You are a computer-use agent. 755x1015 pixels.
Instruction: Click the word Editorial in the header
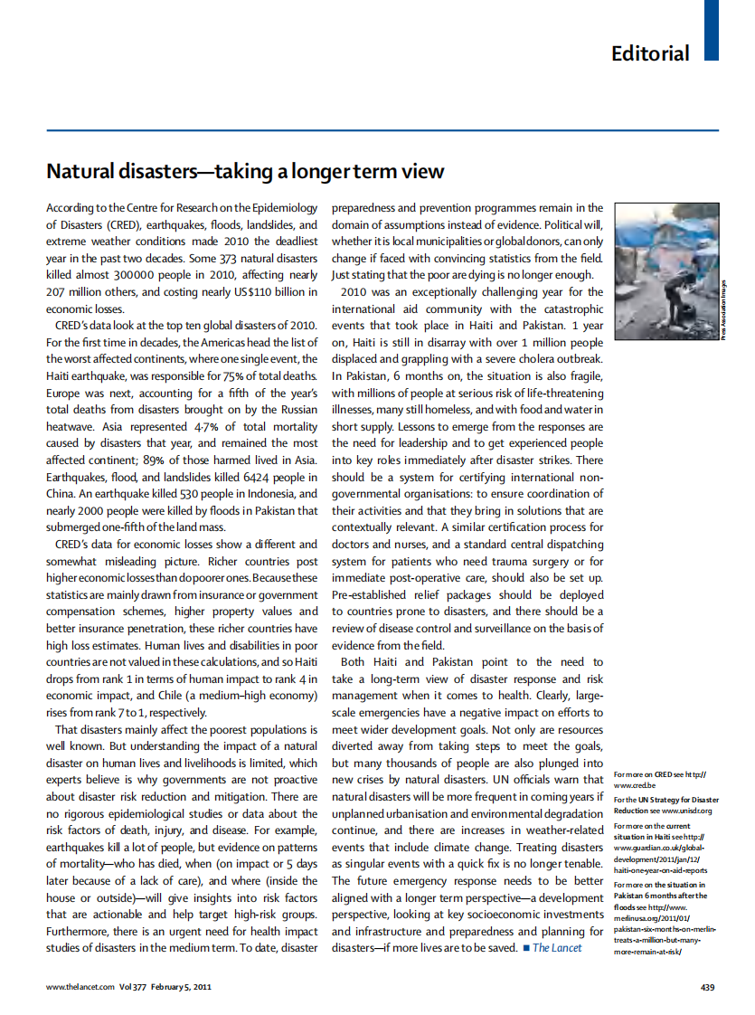[x=650, y=53]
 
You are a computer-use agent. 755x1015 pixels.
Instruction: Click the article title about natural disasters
[x=245, y=171]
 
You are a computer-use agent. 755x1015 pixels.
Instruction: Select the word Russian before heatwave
[x=297, y=410]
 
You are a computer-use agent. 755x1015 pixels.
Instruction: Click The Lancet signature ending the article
[x=557, y=947]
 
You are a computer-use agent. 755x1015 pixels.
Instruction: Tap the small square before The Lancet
[x=524, y=948]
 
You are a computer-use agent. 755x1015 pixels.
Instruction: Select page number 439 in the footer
[x=708, y=987]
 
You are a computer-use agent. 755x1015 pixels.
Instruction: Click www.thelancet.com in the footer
[x=80, y=987]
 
